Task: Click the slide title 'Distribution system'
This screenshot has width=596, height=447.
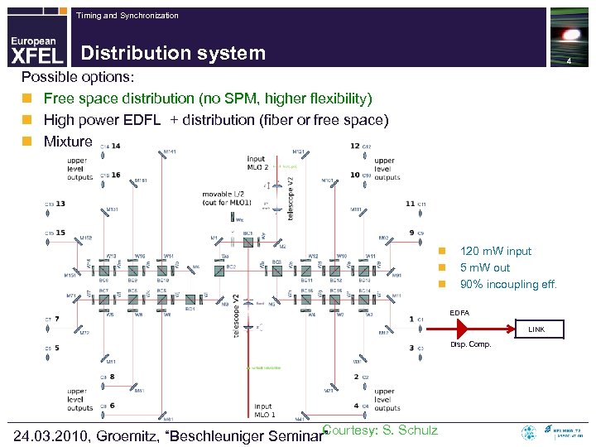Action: click(x=173, y=54)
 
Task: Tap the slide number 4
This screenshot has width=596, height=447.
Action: click(x=569, y=64)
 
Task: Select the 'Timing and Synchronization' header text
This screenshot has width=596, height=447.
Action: click(x=127, y=16)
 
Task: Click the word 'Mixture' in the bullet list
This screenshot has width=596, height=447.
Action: click(x=69, y=142)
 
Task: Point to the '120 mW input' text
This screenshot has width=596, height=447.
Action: click(x=496, y=251)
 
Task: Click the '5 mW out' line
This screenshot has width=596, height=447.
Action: click(x=485, y=267)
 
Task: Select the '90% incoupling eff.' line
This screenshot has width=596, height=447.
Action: click(x=508, y=284)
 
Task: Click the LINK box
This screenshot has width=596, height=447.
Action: click(x=536, y=329)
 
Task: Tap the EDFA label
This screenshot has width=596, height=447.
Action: click(x=459, y=312)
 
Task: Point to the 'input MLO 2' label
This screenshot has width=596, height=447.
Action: click(x=257, y=163)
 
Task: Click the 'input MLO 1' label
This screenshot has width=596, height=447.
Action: click(x=263, y=411)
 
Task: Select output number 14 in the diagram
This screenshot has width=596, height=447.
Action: click(x=115, y=146)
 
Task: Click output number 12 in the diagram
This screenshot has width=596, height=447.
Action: click(x=354, y=146)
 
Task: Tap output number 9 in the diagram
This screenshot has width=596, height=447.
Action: click(x=411, y=233)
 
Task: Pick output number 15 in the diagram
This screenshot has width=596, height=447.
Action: click(x=60, y=233)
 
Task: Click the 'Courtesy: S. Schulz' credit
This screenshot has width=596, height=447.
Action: click(x=380, y=430)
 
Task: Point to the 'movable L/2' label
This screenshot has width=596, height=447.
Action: click(x=222, y=195)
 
